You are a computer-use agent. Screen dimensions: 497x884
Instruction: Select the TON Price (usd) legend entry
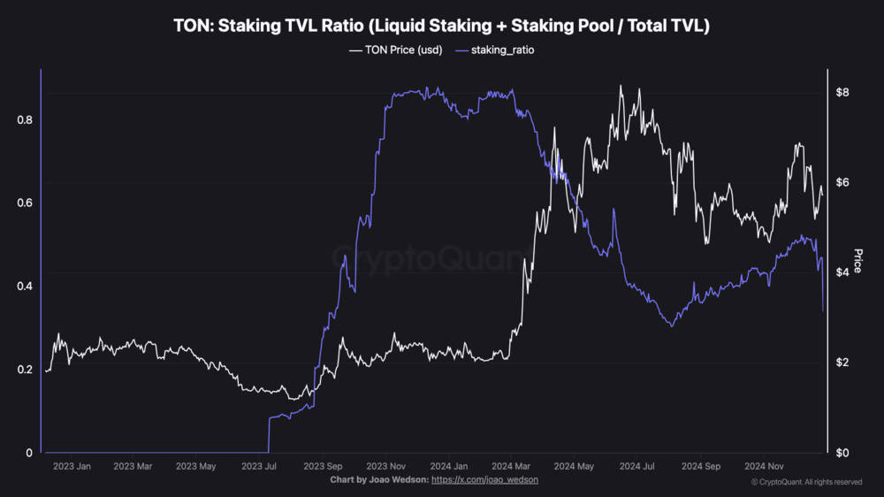396,50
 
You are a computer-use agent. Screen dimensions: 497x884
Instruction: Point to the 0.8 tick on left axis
25,119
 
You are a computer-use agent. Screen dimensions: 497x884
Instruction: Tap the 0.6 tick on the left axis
25,203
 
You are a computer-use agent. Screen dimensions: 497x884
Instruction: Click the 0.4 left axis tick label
25,286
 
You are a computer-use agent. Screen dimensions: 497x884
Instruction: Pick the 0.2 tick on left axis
25,370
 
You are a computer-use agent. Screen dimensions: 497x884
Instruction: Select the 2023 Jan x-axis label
72,466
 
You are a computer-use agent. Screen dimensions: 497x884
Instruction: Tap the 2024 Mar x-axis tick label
511,466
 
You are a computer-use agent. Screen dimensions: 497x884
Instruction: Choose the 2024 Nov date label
763,466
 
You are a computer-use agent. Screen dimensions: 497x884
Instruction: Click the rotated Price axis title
857,261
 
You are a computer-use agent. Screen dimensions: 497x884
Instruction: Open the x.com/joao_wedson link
485,479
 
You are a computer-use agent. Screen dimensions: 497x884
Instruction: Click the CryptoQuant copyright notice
806,482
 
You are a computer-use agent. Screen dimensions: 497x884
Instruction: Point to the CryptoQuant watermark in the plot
433,259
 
